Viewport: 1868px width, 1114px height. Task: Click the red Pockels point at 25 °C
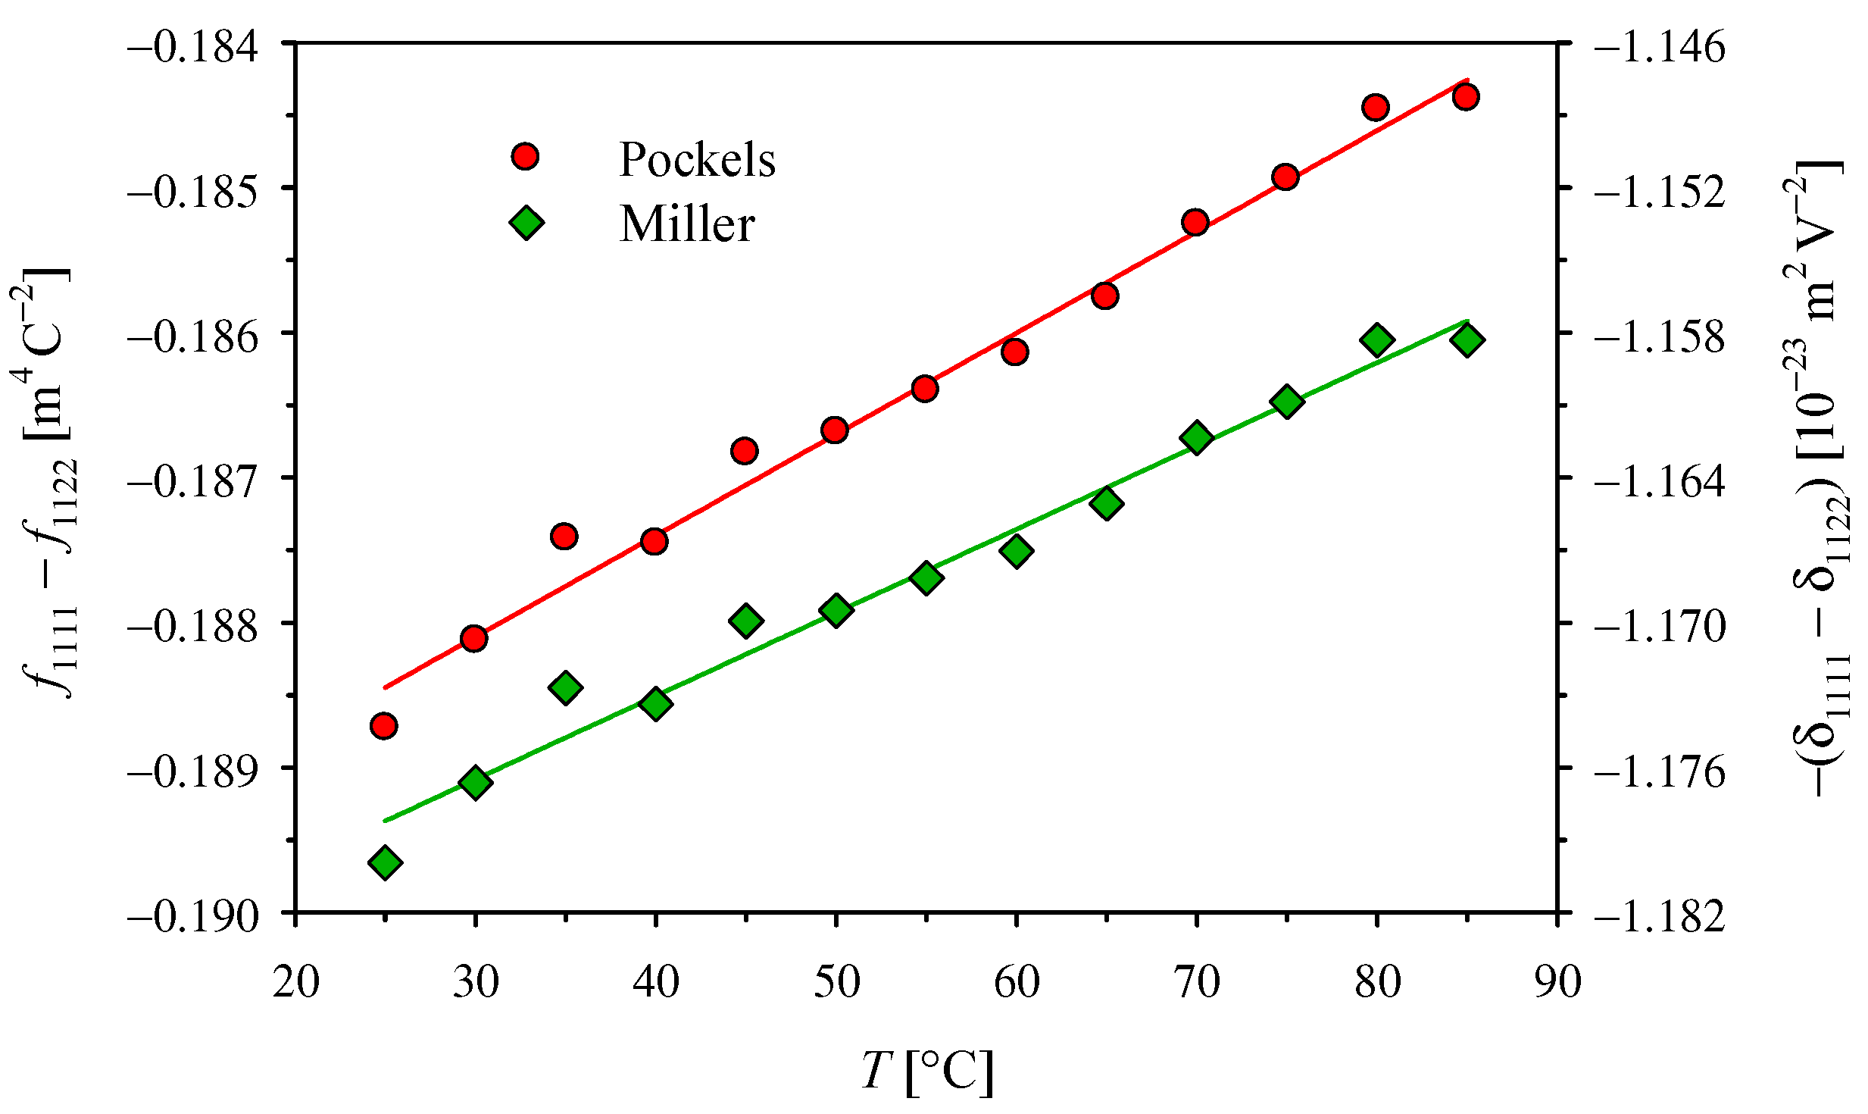point(384,725)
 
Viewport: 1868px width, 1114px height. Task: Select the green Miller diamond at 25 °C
point(385,862)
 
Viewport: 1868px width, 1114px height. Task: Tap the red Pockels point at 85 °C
point(1466,96)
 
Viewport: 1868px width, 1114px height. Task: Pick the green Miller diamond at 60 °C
point(1016,550)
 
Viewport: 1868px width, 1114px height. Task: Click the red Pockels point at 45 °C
point(745,451)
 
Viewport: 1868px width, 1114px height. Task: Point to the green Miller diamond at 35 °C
point(565,687)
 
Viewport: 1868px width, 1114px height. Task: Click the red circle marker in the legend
point(525,157)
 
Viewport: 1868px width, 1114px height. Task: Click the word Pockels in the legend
point(697,160)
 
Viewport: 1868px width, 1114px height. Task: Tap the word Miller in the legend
point(687,224)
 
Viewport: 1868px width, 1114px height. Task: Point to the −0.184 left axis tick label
point(204,46)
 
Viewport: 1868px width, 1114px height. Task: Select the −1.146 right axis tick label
point(1660,46)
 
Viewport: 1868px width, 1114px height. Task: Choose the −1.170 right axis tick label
point(1660,626)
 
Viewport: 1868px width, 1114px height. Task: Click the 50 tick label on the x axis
point(836,982)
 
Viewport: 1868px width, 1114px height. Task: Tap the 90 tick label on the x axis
point(1557,982)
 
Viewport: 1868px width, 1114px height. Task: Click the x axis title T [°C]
point(927,1072)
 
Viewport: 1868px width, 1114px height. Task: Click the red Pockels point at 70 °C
point(1195,222)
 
